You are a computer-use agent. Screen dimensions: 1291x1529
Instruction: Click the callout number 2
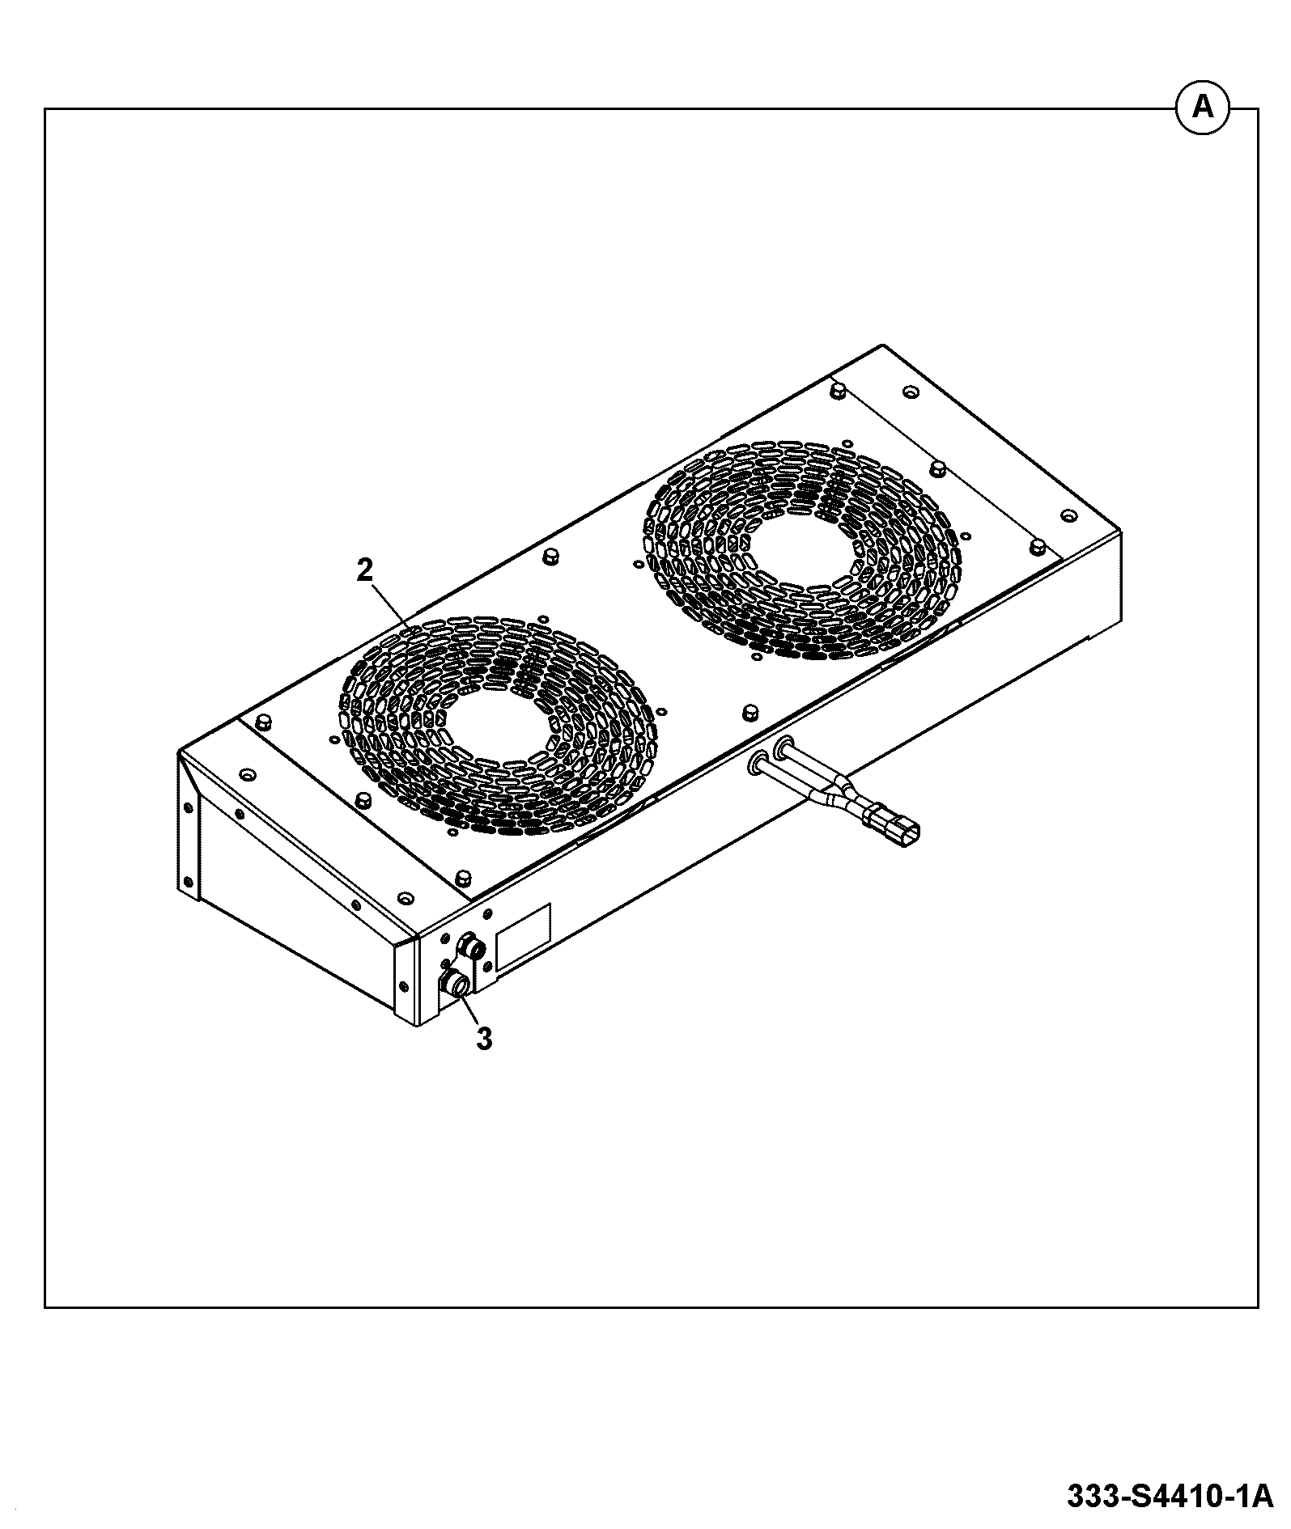365,570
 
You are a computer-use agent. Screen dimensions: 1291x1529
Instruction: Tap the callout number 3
484,1039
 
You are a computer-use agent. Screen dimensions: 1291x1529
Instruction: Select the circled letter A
1203,108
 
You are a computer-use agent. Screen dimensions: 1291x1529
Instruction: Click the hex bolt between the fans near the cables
750,711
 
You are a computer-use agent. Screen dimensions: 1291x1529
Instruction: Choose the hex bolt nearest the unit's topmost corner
838,392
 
